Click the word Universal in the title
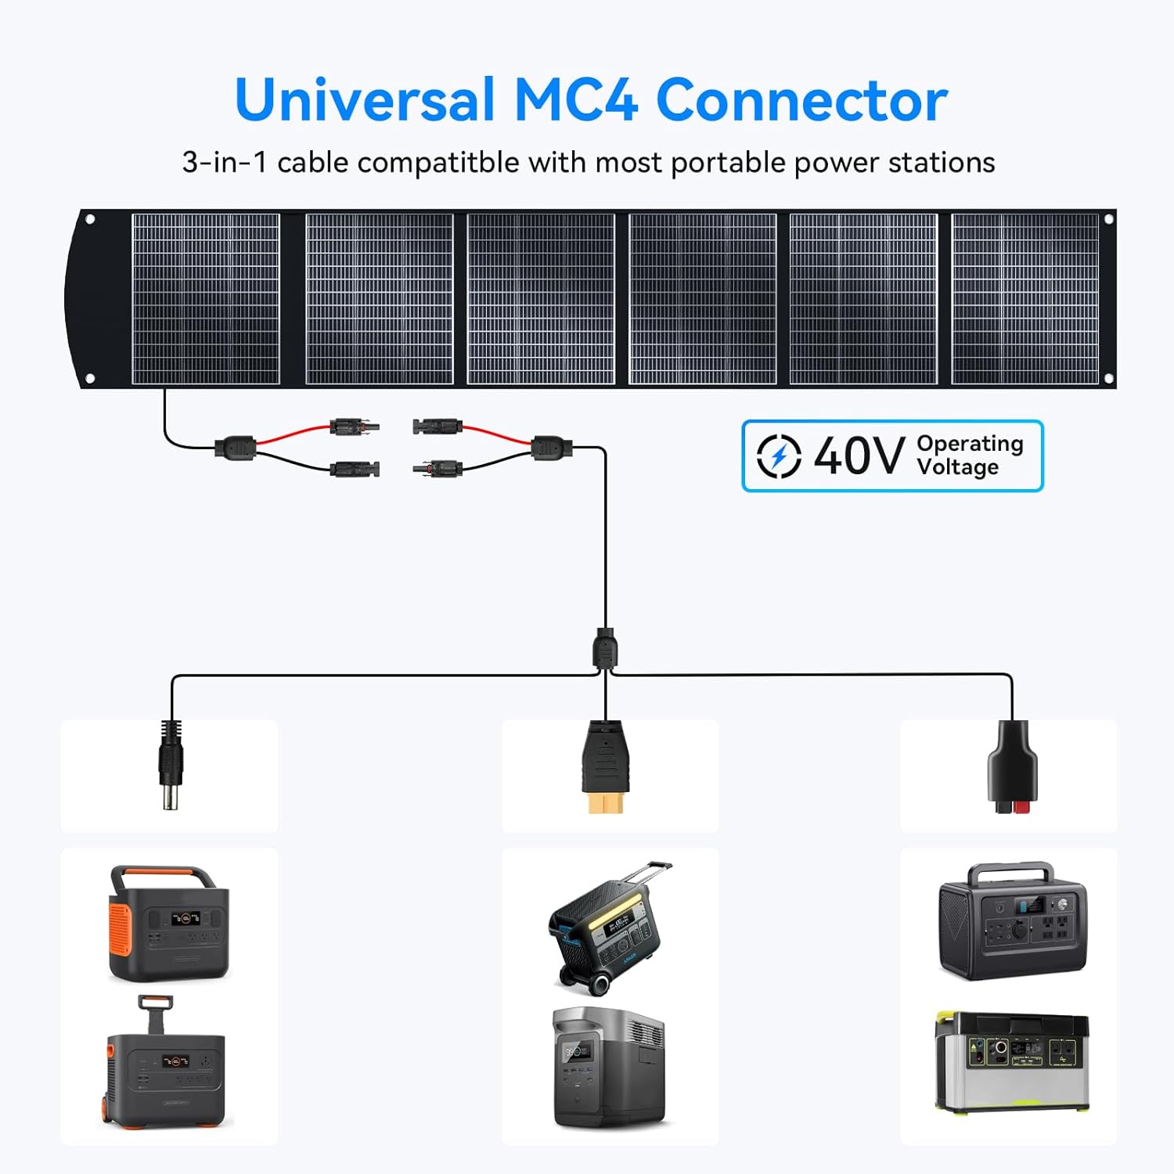(365, 100)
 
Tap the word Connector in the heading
(801, 100)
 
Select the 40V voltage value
(859, 456)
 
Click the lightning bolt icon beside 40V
(779, 456)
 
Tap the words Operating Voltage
(970, 455)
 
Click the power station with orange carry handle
(168, 923)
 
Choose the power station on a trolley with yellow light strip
(607, 927)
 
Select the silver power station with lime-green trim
(1012, 1061)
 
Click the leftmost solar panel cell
(206, 299)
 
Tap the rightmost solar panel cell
(1025, 299)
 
